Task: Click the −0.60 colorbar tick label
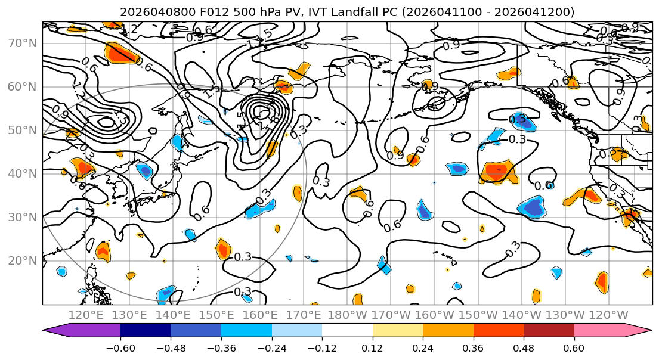pyautogui.click(x=120, y=346)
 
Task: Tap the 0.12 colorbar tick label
pyautogui.click(x=372, y=346)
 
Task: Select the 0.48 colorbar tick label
pyautogui.click(x=524, y=346)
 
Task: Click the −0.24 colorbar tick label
pyautogui.click(x=271, y=346)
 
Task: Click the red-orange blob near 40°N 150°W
pyautogui.click(x=496, y=172)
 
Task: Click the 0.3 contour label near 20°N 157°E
pyautogui.click(x=243, y=257)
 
